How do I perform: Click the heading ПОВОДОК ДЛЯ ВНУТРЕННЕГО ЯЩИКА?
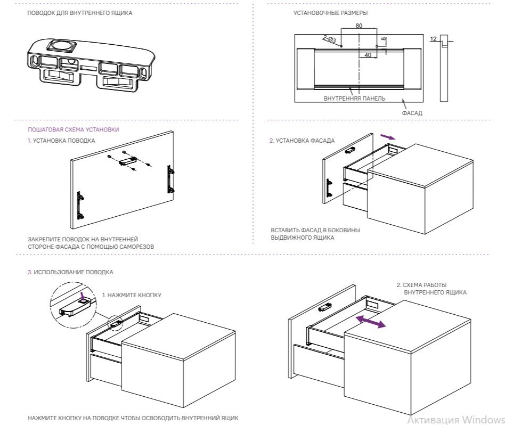coord(80,13)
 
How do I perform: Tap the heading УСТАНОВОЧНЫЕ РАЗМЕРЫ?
coord(330,13)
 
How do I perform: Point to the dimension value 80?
coord(359,26)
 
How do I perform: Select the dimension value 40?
coord(368,55)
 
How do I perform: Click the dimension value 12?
coord(433,39)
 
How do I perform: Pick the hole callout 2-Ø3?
coord(329,39)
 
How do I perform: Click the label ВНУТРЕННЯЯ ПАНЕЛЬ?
coord(354,99)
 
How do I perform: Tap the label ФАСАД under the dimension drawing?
coord(412,113)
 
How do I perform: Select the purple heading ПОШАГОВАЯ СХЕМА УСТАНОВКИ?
coord(73,130)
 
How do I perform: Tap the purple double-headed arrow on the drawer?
coord(371,321)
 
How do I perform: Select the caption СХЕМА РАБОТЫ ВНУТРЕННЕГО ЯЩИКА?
coord(432,289)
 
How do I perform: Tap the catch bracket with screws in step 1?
coord(128,159)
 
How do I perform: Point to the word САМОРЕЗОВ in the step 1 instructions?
coord(137,247)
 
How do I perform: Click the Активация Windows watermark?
coord(455,419)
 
